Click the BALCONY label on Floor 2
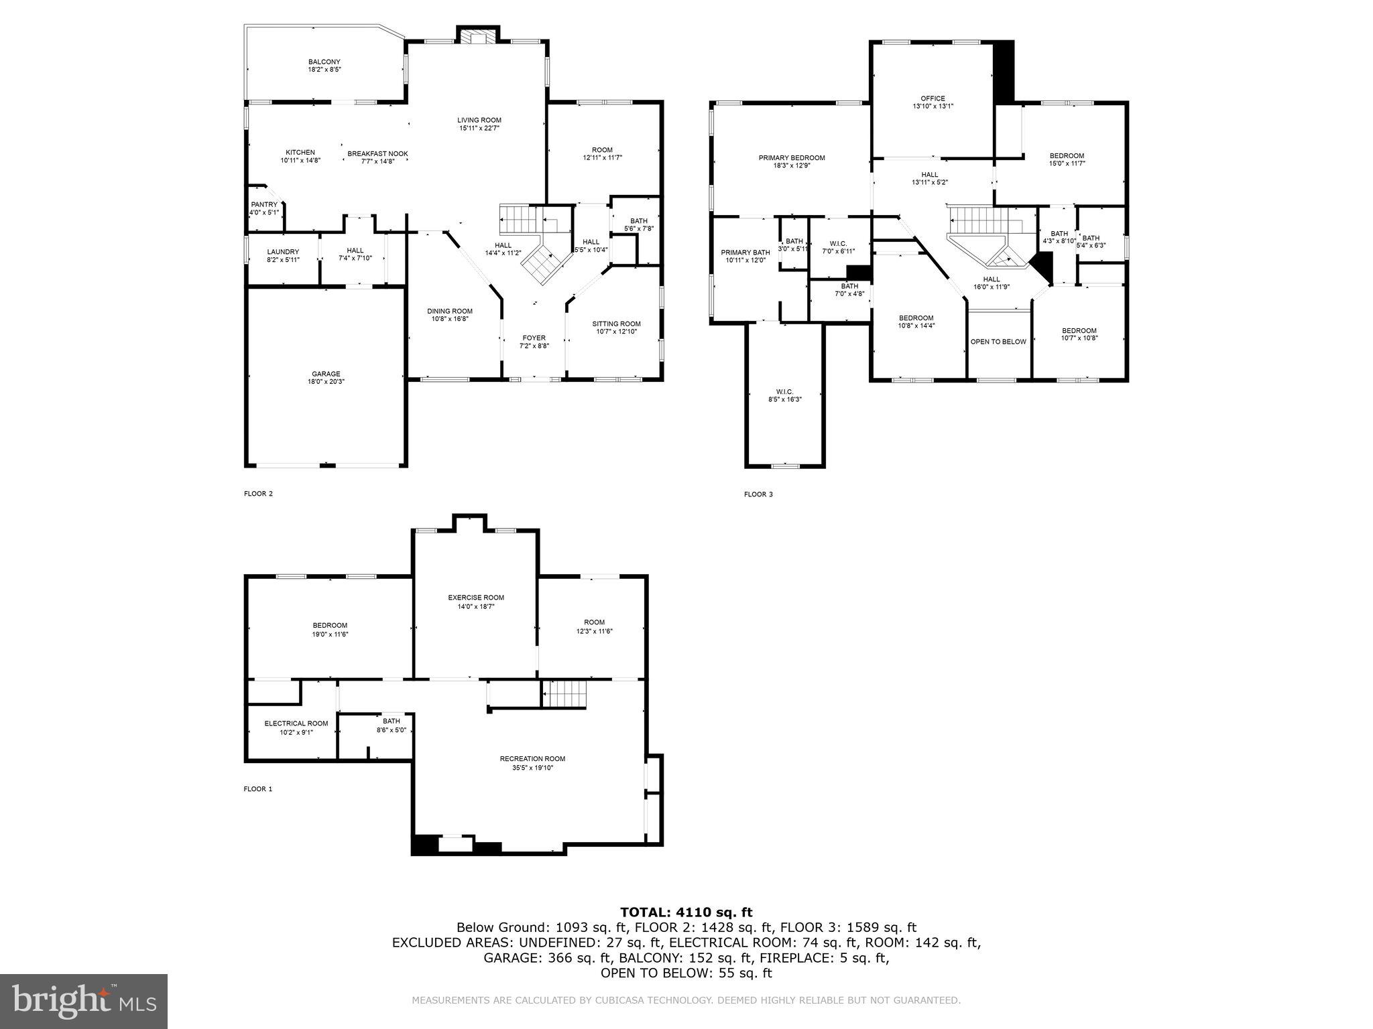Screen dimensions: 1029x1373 (324, 62)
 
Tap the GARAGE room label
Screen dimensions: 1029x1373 (326, 374)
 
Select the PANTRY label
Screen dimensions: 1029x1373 (263, 204)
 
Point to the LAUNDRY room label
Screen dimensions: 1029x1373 (283, 251)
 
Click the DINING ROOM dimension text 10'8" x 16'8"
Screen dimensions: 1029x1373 (450, 319)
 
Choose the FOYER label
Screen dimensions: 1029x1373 (534, 338)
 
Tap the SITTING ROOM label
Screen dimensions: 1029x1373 (616, 324)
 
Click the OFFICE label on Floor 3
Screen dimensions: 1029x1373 (933, 98)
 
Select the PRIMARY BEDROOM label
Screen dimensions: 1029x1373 (792, 157)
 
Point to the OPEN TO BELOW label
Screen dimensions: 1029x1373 (998, 342)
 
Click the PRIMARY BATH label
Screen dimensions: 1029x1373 (745, 253)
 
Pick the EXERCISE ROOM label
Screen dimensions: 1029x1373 (476, 598)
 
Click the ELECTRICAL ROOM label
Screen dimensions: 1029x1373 (296, 724)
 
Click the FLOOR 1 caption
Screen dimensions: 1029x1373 (258, 789)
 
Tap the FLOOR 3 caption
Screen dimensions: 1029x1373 (758, 494)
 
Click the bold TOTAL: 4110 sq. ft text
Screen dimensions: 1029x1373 (686, 912)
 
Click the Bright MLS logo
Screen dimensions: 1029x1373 (84, 1002)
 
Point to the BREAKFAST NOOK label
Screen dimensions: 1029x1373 (377, 153)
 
